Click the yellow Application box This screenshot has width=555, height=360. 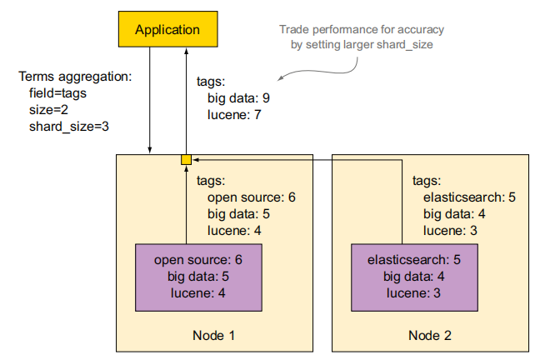167,29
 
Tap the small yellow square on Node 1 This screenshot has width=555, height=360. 186,160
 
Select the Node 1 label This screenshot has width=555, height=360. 214,335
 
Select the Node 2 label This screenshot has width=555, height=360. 430,335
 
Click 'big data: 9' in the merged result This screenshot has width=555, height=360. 238,98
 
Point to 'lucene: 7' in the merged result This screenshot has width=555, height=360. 234,115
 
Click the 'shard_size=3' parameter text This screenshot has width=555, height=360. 68,127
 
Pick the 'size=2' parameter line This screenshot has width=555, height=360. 48,110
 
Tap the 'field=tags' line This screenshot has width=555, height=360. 57,93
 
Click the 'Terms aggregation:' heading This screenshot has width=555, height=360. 75,77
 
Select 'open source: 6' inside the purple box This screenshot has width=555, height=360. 198,260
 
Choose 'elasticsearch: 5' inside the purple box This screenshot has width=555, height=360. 414,260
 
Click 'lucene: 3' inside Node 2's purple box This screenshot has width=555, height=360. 413,293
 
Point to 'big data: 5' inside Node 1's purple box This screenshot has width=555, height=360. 198,277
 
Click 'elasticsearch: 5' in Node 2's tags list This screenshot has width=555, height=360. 469,197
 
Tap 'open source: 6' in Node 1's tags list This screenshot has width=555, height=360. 252,197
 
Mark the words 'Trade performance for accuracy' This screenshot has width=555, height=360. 362,29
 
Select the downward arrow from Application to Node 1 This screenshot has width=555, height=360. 150,101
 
